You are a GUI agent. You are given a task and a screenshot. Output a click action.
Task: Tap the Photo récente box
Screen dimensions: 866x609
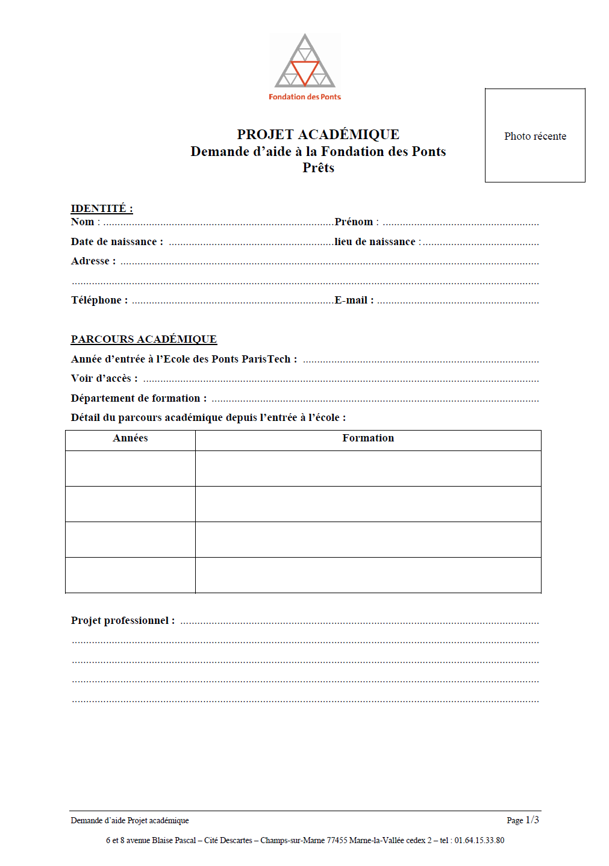(535, 136)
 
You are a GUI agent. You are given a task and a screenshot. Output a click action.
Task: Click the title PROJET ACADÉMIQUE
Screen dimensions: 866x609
(318, 134)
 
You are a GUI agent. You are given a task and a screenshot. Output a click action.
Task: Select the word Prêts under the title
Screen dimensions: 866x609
(318, 168)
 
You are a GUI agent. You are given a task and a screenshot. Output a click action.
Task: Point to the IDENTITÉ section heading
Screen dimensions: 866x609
(102, 208)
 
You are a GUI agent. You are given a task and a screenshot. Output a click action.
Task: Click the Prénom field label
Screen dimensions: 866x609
(354, 222)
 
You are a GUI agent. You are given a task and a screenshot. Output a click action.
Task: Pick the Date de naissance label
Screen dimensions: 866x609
(114, 242)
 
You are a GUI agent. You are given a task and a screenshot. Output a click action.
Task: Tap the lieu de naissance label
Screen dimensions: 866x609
(375, 242)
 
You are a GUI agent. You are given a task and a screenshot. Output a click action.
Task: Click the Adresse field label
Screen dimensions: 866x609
(91, 261)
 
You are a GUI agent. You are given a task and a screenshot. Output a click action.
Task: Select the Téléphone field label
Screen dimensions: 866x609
(97, 301)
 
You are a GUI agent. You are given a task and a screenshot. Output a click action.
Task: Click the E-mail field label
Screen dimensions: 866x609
(352, 301)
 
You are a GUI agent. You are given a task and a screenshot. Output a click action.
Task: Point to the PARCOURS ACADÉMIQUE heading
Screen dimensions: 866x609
(144, 339)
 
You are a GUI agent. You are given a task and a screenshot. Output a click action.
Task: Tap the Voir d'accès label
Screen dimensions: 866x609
(102, 379)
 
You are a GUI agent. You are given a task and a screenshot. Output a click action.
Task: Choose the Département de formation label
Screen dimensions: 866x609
(136, 399)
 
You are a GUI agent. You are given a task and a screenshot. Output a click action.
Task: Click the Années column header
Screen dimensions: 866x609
(130, 438)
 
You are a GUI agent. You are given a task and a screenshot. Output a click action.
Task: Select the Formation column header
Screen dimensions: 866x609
(368, 438)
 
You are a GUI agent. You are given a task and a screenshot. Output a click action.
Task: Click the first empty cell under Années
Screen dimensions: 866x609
(130, 469)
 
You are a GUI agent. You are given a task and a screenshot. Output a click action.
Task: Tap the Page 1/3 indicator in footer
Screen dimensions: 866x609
(523, 820)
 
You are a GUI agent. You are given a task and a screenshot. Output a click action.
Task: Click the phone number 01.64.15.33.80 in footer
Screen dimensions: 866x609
(479, 840)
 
